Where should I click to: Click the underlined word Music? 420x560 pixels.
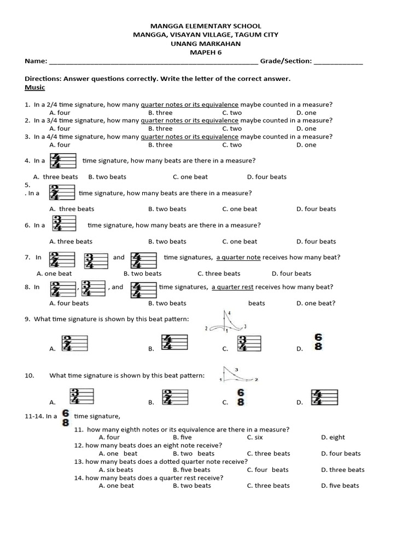click(35, 87)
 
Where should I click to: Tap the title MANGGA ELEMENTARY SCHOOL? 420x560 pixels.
click(206, 26)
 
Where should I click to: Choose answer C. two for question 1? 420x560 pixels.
click(232, 113)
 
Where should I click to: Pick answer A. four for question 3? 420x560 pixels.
click(60, 145)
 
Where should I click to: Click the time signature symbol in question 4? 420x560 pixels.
click(62, 161)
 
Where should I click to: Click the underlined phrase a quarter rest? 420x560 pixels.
click(232, 287)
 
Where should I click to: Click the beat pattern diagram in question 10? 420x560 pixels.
click(238, 375)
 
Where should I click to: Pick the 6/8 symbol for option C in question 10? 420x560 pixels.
click(241, 398)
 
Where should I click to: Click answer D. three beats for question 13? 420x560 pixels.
click(343, 470)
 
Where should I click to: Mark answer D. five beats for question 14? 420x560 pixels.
click(340, 486)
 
